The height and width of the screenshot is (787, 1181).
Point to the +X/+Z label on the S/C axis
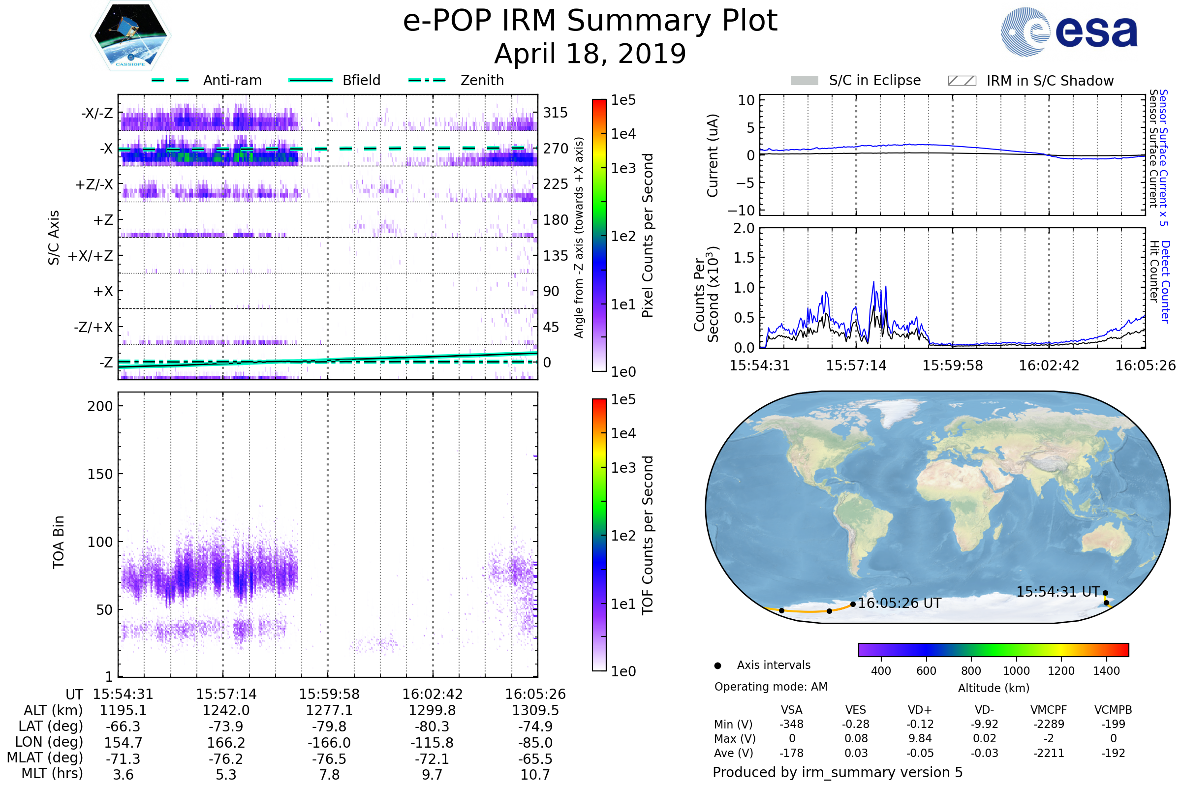[91, 256]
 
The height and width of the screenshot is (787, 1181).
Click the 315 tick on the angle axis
[556, 113]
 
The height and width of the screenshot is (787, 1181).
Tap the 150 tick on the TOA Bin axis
[100, 474]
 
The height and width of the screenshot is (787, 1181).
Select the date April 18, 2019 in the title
[590, 54]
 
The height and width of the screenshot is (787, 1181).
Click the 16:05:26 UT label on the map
[900, 604]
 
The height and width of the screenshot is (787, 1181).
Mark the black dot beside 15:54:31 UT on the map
[1105, 593]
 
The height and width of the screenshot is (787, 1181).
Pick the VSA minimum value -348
[791, 724]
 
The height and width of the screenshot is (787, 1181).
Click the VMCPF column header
[1049, 710]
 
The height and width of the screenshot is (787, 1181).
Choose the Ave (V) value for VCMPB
[1113, 753]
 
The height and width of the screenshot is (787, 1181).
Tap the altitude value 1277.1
[329, 710]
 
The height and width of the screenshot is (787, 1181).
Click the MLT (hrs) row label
[52, 773]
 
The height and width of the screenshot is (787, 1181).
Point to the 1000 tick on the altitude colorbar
[1016, 671]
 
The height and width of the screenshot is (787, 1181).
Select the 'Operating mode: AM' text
[771, 687]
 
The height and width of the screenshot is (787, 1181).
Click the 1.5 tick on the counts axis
[744, 258]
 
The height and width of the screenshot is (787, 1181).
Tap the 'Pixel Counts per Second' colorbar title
[648, 236]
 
